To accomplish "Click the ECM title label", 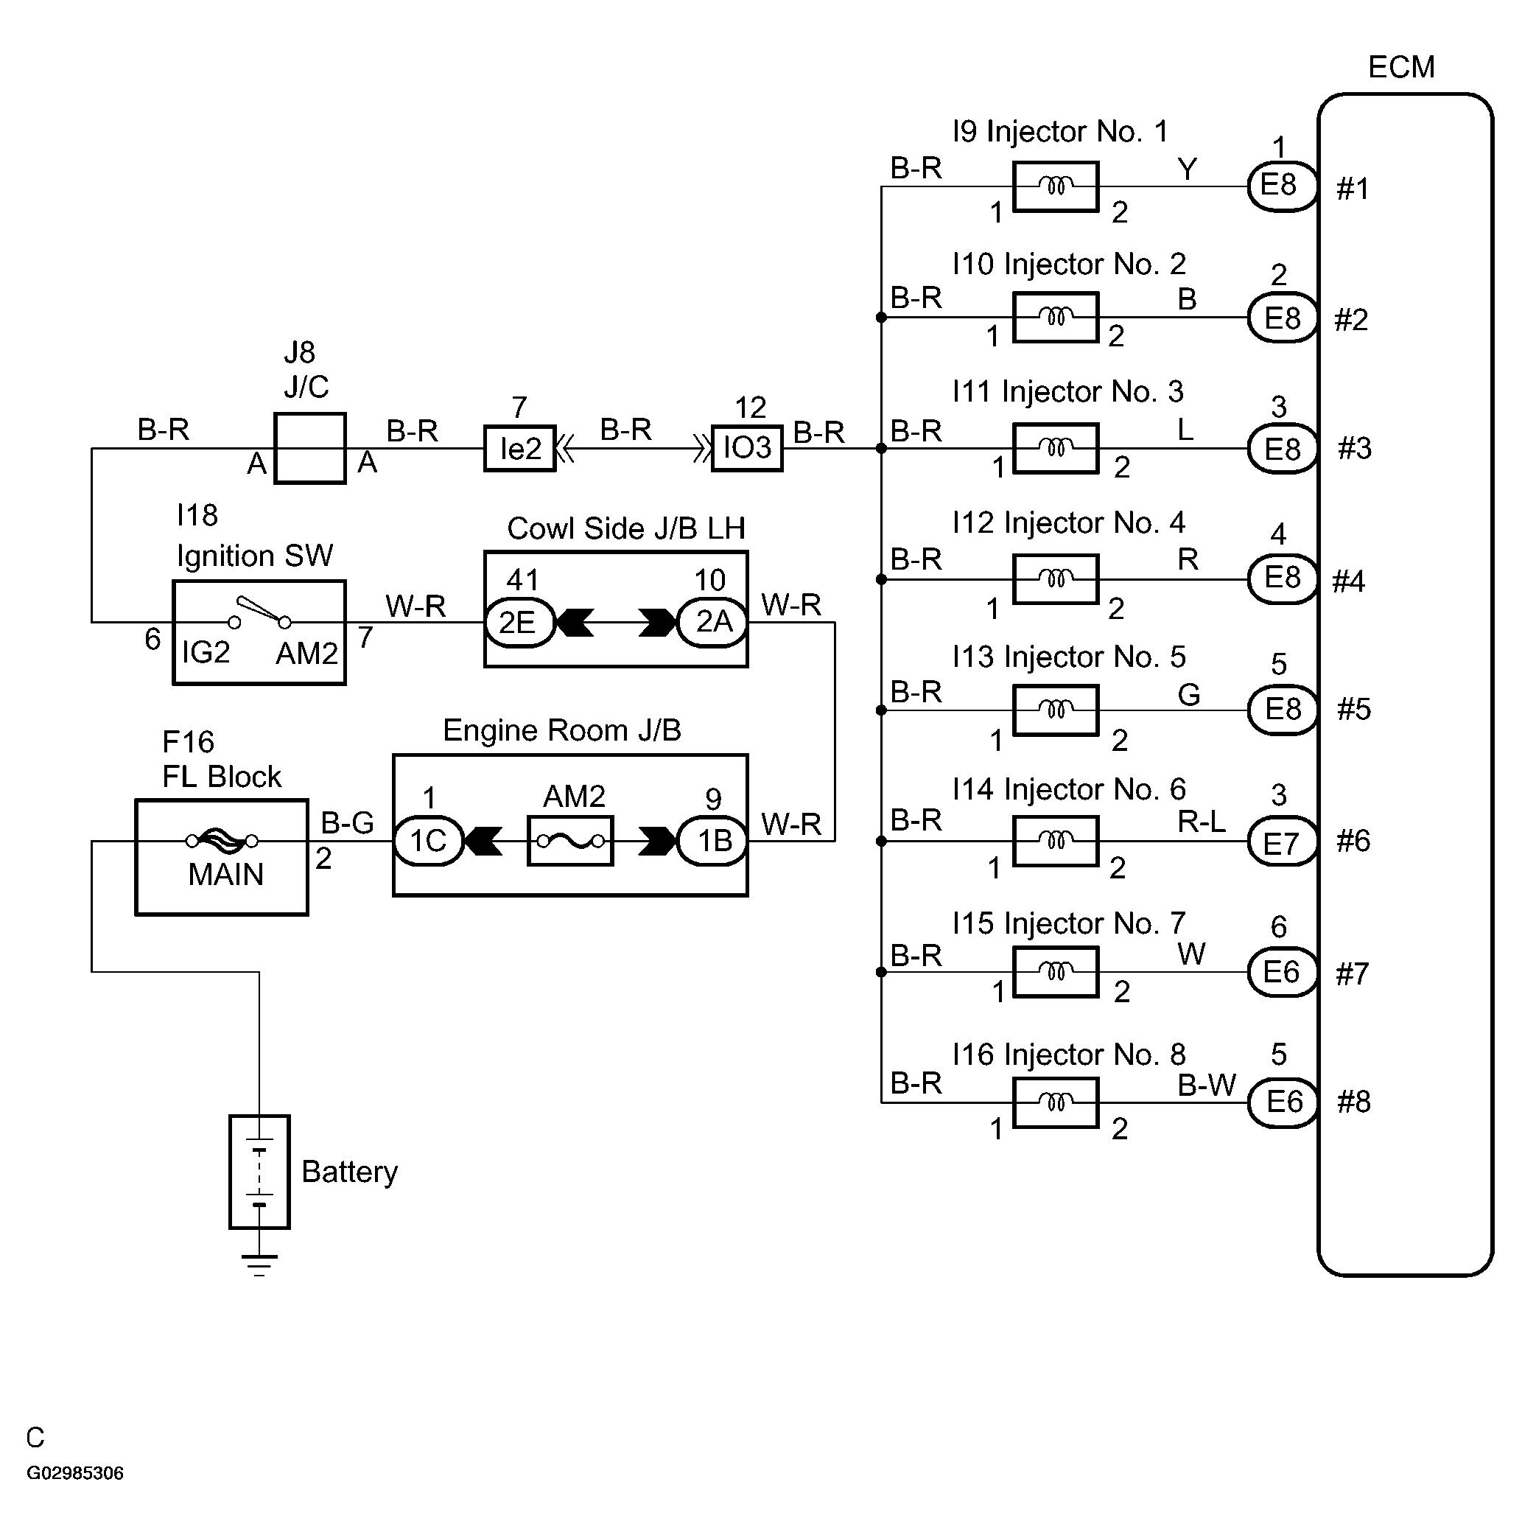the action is tap(1400, 68).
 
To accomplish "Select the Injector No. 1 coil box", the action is tap(1055, 186).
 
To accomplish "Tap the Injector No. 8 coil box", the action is tap(1055, 1102).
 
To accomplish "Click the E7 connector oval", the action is tap(1281, 842).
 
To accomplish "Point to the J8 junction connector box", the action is tap(310, 448).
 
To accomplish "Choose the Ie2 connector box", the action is tap(519, 449).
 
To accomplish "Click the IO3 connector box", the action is tap(747, 448).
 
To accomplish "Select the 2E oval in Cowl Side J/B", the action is tap(519, 622).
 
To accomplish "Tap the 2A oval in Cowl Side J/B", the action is tap(712, 622).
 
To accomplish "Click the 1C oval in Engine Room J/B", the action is tap(428, 841).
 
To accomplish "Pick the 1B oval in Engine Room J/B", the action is tap(712, 841).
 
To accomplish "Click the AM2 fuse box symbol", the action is tap(570, 841).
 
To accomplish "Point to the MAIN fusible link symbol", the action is tap(222, 840).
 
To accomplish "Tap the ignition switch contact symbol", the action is tap(260, 612).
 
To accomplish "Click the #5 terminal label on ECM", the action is tap(1353, 710).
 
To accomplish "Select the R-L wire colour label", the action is tap(1201, 822).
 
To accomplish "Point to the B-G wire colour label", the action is tap(347, 822).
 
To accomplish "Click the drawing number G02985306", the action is tap(75, 1473).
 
